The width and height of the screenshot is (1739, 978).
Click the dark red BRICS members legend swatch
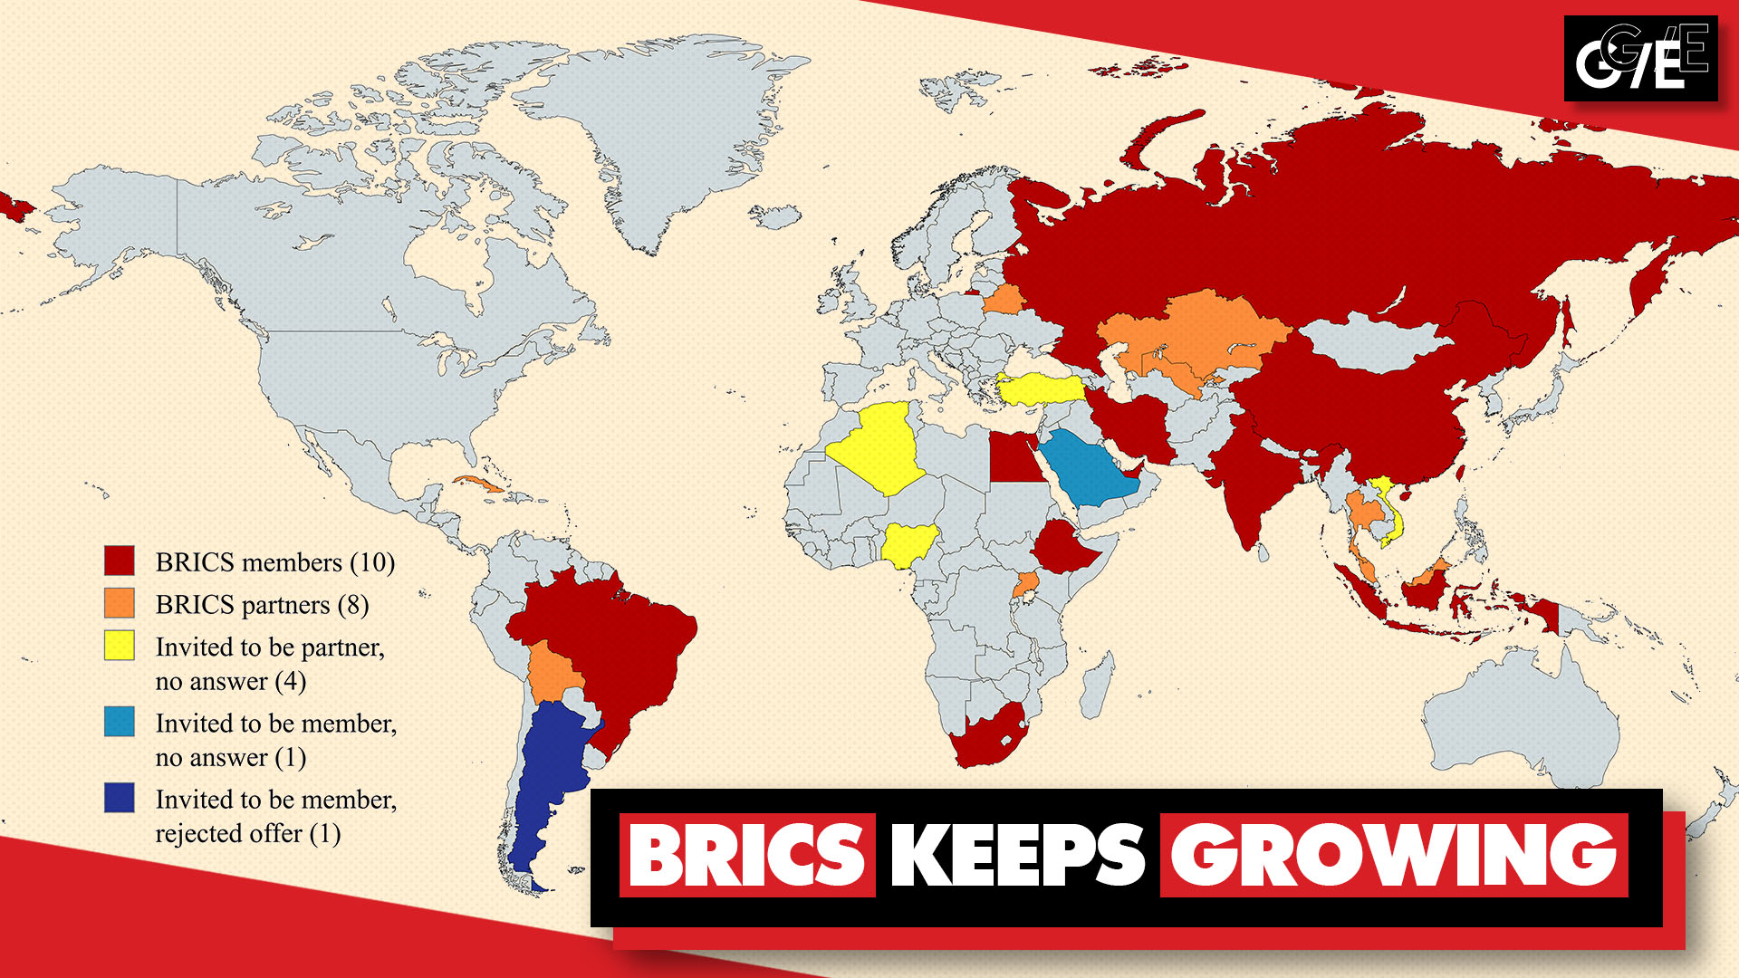119,561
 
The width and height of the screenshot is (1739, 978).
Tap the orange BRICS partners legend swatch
119,603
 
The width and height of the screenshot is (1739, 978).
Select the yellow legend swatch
119,646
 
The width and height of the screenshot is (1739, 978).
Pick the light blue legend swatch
119,722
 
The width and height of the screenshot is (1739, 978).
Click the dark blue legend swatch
119,798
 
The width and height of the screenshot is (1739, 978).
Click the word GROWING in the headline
1393,855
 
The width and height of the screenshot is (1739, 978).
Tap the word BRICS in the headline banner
747,855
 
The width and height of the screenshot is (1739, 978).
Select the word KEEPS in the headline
1017,855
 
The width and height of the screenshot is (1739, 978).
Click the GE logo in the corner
1640,59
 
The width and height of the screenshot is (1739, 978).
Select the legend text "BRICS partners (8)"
262,604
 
